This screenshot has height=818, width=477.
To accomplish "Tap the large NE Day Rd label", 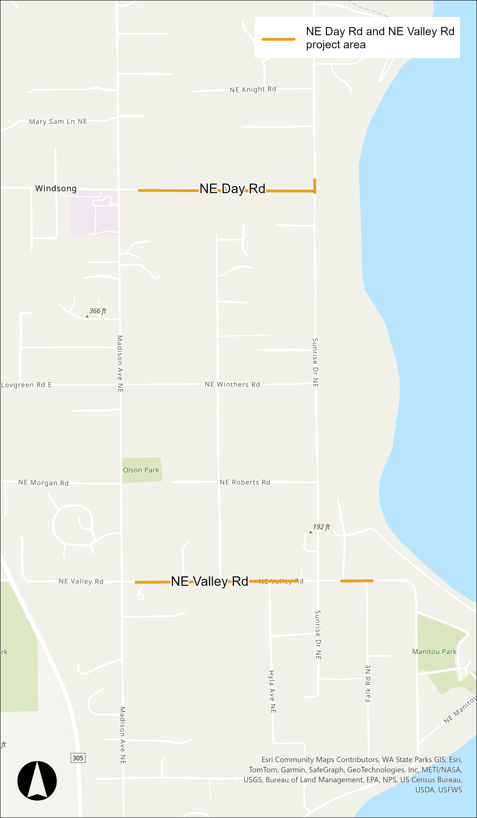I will click(232, 189).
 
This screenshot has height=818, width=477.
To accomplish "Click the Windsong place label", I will click(56, 188).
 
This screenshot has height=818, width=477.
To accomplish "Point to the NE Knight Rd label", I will click(253, 89).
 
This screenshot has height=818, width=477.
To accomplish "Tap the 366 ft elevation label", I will click(97, 311).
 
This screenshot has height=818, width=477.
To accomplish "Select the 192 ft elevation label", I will click(321, 527).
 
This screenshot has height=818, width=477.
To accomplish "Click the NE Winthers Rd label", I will click(232, 384).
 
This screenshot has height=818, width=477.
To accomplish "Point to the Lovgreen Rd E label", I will click(26, 385).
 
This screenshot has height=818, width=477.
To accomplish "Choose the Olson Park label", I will click(141, 470).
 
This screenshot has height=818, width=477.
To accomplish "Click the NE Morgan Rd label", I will click(43, 483).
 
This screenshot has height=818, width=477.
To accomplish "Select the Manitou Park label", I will click(434, 652).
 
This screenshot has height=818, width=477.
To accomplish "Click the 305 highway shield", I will click(78, 758).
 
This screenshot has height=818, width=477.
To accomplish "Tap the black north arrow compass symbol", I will click(37, 781).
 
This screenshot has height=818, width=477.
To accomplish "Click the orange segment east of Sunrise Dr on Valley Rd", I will click(357, 581).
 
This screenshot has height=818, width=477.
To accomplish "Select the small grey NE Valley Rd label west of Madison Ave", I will click(81, 581).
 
